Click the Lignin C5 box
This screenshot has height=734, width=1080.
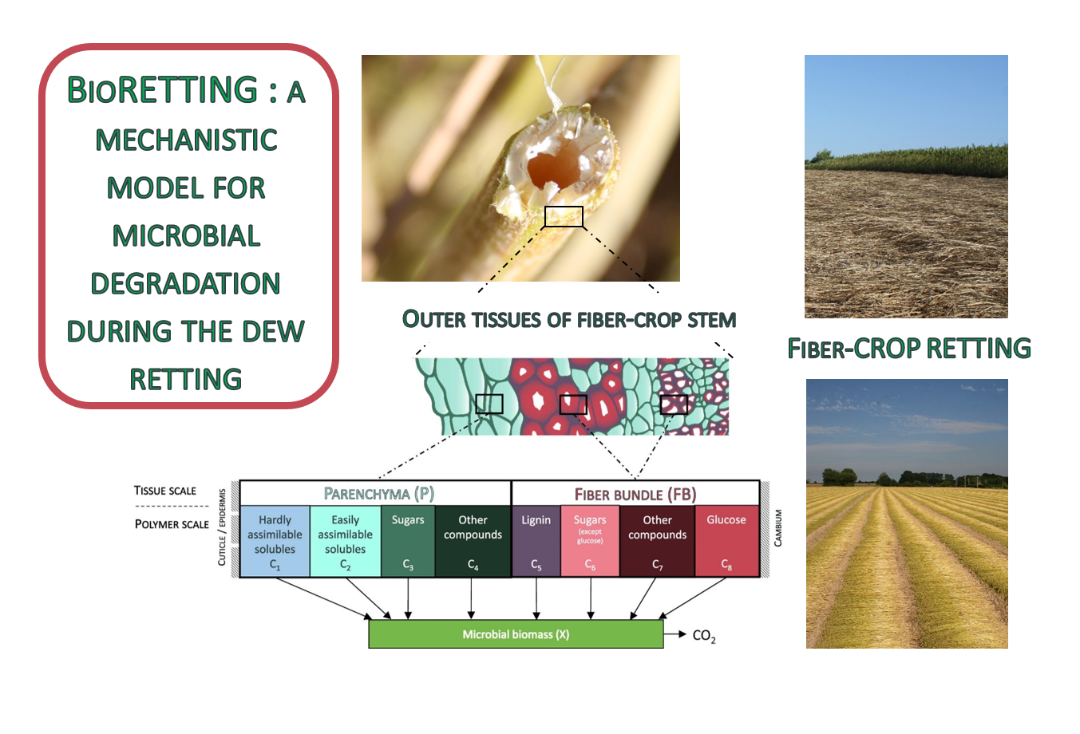click(536, 541)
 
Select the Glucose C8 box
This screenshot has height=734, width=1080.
click(726, 541)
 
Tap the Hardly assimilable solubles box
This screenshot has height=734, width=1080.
click(275, 541)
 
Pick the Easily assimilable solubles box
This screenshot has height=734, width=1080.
click(345, 541)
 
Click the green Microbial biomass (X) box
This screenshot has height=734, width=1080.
click(516, 634)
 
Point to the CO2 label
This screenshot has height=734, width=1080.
click(704, 636)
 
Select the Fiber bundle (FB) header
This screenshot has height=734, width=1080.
click(635, 494)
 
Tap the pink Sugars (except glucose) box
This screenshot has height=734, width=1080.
click(590, 541)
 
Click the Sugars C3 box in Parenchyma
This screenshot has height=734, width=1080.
click(408, 541)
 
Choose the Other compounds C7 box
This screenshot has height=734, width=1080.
click(657, 541)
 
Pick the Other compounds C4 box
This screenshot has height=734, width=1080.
click(473, 541)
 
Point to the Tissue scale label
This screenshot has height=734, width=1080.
click(165, 491)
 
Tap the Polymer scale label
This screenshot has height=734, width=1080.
click(172, 524)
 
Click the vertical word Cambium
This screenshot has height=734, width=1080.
click(777, 528)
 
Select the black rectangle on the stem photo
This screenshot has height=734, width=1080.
click(564, 207)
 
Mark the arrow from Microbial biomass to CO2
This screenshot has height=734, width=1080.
click(675, 634)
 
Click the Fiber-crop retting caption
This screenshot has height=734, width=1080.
click(909, 348)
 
